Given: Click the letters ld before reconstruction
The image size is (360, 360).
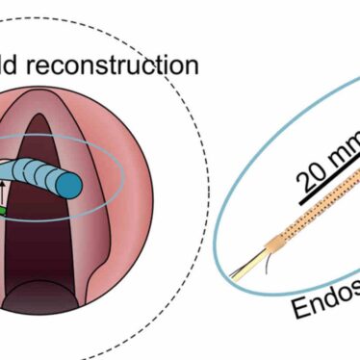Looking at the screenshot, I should [x=13, y=64].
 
